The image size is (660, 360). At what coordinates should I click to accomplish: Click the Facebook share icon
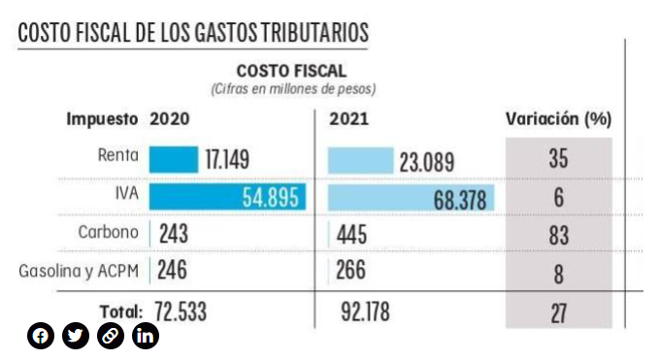pyautogui.click(x=41, y=336)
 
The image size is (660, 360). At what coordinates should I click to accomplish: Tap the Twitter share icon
pyautogui.click(x=76, y=336)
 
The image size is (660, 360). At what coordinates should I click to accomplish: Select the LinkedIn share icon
pyautogui.click(x=146, y=336)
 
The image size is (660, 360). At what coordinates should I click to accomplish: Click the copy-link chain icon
pyautogui.click(x=111, y=336)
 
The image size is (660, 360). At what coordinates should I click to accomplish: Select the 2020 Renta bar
pyautogui.click(x=174, y=159)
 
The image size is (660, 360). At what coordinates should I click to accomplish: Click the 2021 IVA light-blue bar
pyautogui.click(x=412, y=198)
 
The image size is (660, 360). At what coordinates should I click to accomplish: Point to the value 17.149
pyautogui.click(x=227, y=159)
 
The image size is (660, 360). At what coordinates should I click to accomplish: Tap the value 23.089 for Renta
pyautogui.click(x=427, y=162)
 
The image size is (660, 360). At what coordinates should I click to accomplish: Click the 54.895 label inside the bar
pyautogui.click(x=270, y=198)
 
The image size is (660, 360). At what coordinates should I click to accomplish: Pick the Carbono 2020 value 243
pyautogui.click(x=174, y=234)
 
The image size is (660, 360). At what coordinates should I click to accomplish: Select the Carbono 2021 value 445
pyautogui.click(x=351, y=235)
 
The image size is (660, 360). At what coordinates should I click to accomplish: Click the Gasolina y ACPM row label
pyautogui.click(x=79, y=271)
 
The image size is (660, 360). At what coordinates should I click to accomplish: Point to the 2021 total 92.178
pyautogui.click(x=365, y=312)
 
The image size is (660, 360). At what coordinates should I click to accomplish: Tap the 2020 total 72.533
pyautogui.click(x=181, y=312)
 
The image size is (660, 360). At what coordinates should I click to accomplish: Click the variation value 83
pyautogui.click(x=558, y=236)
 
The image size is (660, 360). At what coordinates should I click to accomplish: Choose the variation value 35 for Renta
pyautogui.click(x=558, y=159)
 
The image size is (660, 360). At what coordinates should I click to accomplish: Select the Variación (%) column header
pyautogui.click(x=558, y=119)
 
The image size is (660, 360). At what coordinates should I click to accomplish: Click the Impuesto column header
pyautogui.click(x=102, y=119)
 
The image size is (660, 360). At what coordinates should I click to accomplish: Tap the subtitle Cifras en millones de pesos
pyautogui.click(x=293, y=89)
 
